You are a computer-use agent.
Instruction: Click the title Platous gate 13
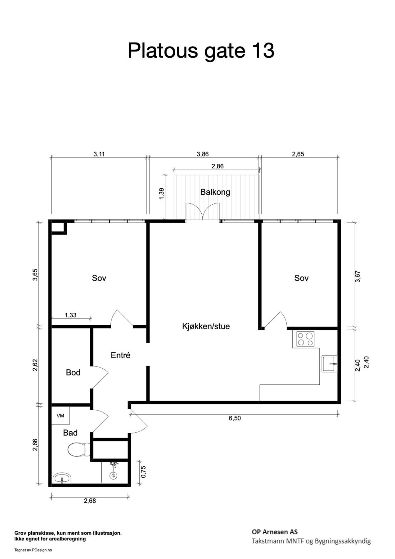(201, 51)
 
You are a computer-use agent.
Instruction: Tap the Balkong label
(215, 192)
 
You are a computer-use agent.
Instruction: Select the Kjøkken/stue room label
(206, 326)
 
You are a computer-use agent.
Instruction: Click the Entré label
(120, 355)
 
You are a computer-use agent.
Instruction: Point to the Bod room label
(73, 372)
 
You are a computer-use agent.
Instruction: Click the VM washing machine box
(61, 416)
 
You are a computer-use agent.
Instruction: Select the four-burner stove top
(306, 339)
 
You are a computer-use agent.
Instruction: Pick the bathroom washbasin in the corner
(62, 479)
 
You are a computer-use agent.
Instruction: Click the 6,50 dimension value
(235, 418)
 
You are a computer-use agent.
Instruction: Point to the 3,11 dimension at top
(99, 154)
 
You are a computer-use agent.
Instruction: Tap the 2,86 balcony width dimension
(217, 166)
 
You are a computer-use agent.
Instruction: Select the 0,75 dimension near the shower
(143, 472)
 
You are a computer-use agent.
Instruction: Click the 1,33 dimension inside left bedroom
(70, 315)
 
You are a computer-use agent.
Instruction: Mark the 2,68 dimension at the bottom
(90, 501)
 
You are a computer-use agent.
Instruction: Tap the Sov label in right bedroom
(301, 278)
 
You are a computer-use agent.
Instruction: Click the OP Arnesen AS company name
(274, 532)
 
